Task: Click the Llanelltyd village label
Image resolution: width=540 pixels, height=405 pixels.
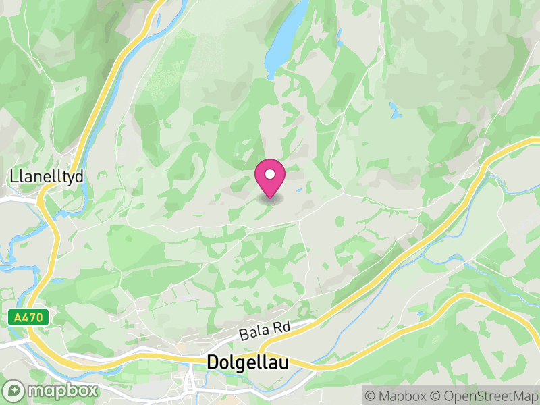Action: (x=47, y=177)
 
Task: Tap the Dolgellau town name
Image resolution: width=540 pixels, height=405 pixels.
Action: (x=248, y=362)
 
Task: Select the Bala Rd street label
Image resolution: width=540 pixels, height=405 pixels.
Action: (x=265, y=330)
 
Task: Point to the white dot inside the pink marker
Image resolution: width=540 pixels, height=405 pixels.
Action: (x=270, y=175)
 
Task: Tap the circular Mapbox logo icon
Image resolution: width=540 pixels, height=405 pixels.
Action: (x=14, y=391)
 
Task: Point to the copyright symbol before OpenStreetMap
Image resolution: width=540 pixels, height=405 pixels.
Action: (x=438, y=395)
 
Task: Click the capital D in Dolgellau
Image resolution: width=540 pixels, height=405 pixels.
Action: (x=213, y=362)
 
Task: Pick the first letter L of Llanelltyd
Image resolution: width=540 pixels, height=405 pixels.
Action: (x=13, y=177)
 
